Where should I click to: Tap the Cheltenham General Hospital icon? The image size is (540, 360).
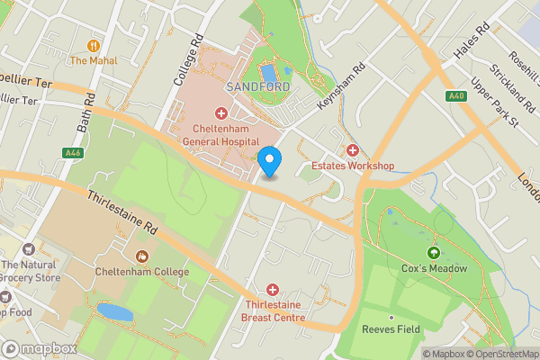[220, 113]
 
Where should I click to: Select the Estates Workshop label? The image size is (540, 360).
[353, 166]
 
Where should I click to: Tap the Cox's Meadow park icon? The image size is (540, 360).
[435, 253]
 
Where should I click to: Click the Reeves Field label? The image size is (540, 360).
[391, 329]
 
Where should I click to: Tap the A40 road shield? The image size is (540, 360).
[454, 95]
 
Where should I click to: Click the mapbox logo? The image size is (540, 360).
[38, 348]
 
